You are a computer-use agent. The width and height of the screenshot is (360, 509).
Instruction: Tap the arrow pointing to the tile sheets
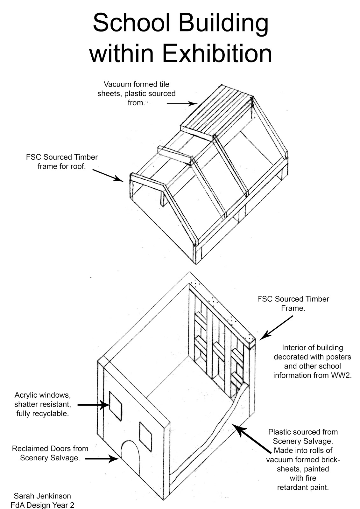(182, 103)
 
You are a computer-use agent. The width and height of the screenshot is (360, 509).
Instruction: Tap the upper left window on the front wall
(116, 406)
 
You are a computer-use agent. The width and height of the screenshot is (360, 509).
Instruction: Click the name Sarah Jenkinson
(42, 496)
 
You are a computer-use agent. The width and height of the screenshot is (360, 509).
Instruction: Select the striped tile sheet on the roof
(220, 113)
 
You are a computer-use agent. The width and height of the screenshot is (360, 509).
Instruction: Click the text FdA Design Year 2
(42, 505)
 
